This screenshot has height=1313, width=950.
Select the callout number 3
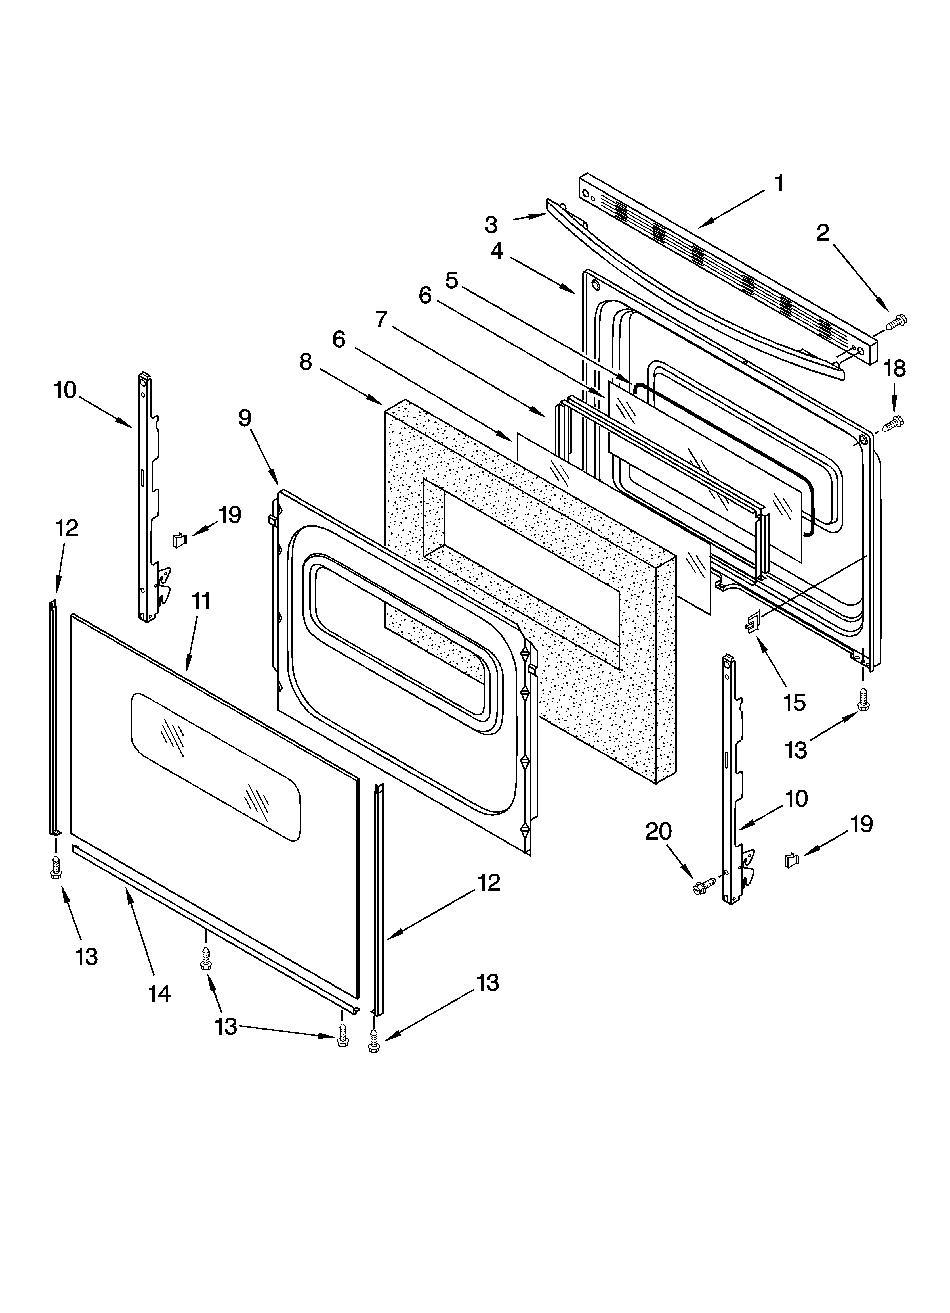click(491, 225)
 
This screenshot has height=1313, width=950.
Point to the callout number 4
click(496, 251)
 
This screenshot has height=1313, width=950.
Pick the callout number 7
click(381, 319)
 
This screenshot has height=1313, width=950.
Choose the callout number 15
click(795, 703)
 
